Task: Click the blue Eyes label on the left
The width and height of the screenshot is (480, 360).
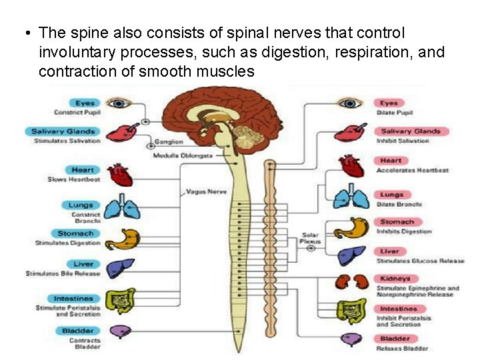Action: (x=85, y=103)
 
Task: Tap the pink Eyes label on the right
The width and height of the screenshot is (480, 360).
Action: (x=390, y=103)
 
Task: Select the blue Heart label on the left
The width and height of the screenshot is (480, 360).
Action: (x=83, y=171)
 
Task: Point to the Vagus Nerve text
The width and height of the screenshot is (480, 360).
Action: (x=207, y=191)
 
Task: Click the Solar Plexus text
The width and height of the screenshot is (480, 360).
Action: (x=311, y=238)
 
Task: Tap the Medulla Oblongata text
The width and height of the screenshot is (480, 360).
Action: (x=182, y=155)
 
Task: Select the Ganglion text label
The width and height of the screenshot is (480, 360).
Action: (x=169, y=142)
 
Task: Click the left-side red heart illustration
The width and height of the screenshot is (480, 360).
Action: (x=121, y=175)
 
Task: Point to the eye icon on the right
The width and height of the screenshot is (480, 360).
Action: (x=349, y=103)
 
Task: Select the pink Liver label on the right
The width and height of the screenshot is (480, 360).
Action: (x=390, y=251)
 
